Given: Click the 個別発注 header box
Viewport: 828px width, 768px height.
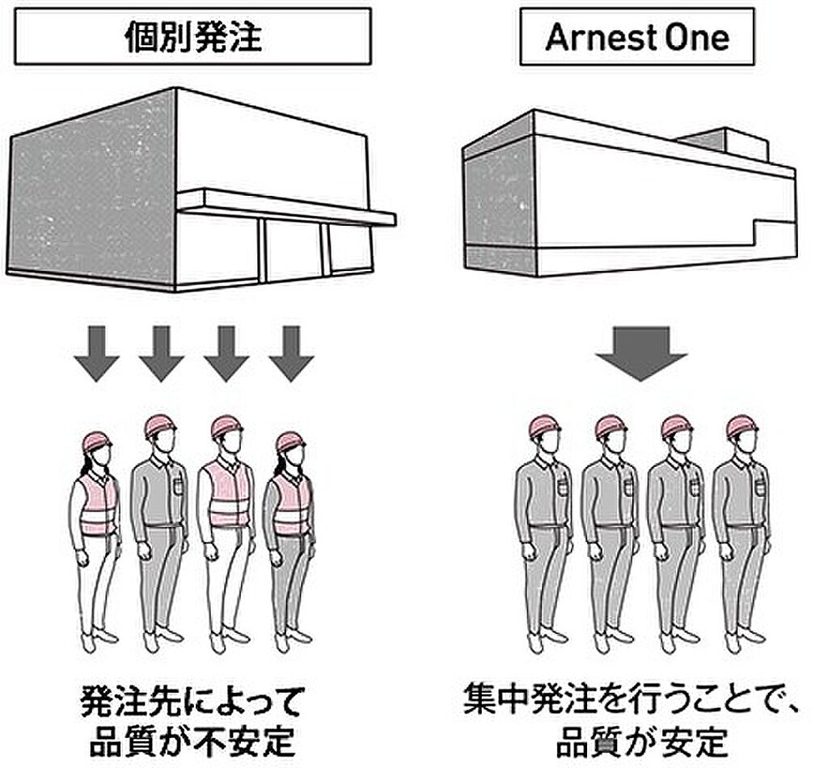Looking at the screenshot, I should (x=192, y=36).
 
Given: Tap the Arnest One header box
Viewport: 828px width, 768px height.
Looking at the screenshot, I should (x=636, y=37).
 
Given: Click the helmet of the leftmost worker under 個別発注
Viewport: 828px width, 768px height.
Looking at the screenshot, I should (x=97, y=441).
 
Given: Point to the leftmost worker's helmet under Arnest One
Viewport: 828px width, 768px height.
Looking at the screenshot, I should (x=544, y=426).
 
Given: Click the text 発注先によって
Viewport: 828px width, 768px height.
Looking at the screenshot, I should (x=192, y=701).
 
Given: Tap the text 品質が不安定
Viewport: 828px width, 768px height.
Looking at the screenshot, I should (x=192, y=741).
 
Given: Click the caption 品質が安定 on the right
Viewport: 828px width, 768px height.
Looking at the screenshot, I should (x=641, y=741).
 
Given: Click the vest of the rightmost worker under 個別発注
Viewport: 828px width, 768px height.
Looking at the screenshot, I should (x=291, y=503).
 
